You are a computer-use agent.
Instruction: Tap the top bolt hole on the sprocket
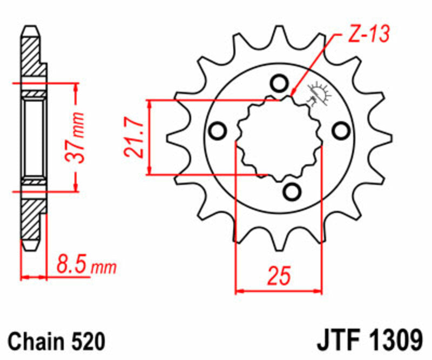click(279, 84)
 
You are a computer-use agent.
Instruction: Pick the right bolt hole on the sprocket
click(340, 130)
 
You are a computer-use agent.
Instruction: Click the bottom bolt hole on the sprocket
click(292, 191)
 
